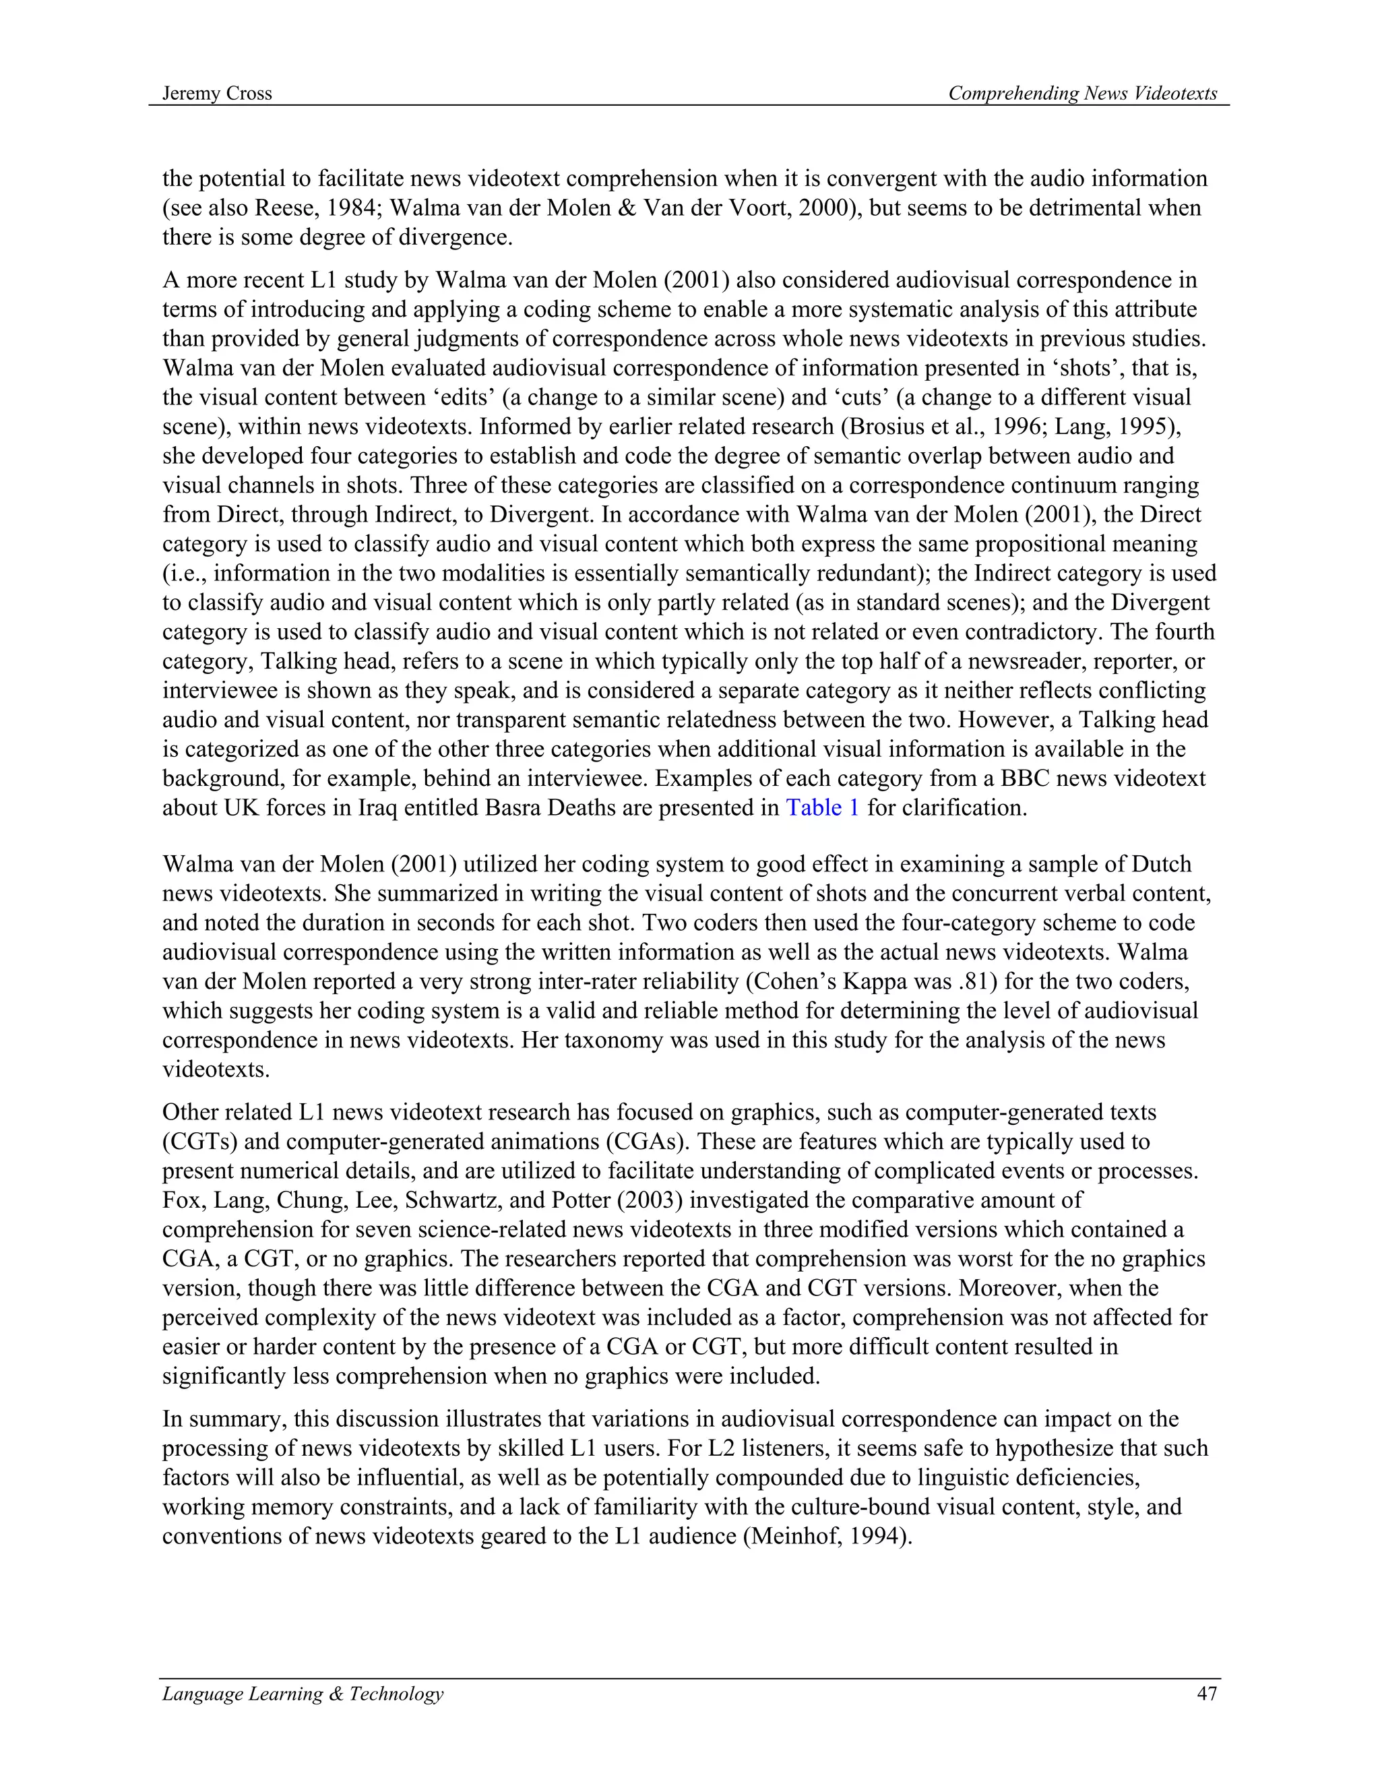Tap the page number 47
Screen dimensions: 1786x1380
coord(1207,1693)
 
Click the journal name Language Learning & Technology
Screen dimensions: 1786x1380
coord(303,1693)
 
